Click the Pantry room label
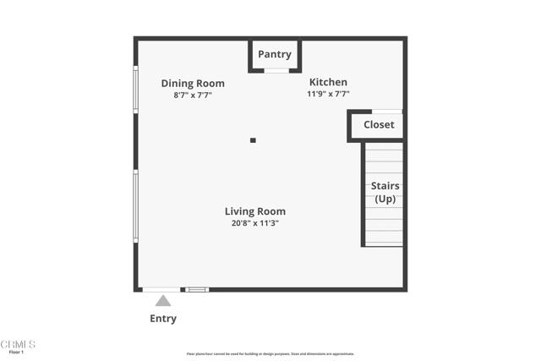[275, 54]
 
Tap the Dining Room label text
[193, 84]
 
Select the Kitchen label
[328, 82]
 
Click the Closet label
[379, 125]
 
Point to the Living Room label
[254, 211]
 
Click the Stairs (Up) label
[385, 192]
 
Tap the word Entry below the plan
[163, 319]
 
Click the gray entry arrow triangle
[163, 301]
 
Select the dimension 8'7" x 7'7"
[193, 96]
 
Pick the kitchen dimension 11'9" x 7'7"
[328, 94]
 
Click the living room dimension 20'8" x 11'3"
[254, 223]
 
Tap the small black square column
[253, 140]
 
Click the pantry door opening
[276, 71]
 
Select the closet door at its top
[387, 112]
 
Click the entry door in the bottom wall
[161, 290]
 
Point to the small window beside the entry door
[197, 290]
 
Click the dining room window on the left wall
[135, 90]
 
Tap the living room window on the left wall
[135, 206]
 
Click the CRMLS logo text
[18, 344]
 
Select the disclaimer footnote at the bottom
[270, 354]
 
